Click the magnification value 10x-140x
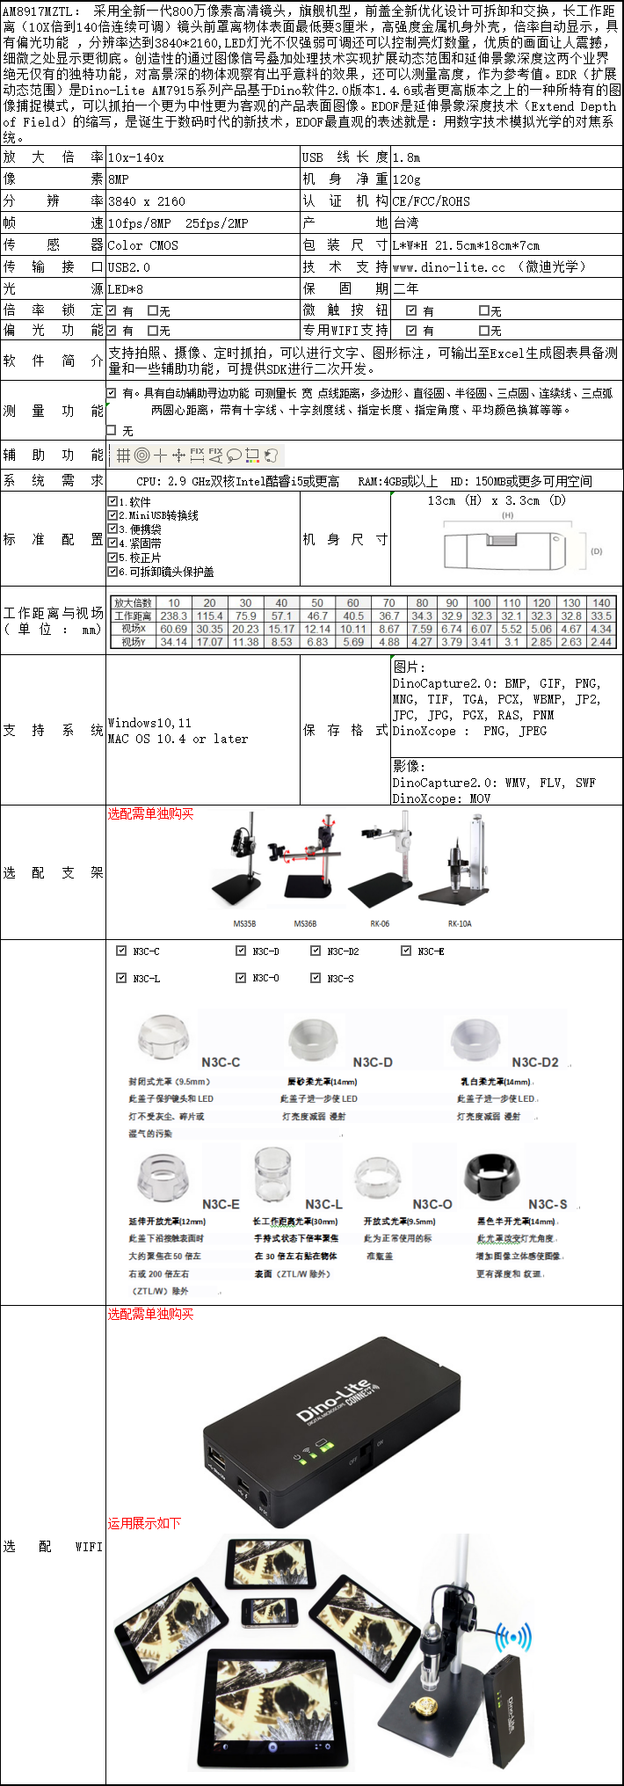pyautogui.click(x=135, y=157)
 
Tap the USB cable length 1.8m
pyautogui.click(x=406, y=157)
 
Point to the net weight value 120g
pyautogui.click(x=407, y=179)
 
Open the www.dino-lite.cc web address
pyautogui.click(x=449, y=267)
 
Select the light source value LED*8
pyautogui.click(x=126, y=288)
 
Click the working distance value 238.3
pyautogui.click(x=174, y=616)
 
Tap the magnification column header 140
pyautogui.click(x=601, y=603)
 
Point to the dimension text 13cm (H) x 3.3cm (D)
pyautogui.click(x=497, y=500)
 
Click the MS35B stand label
pyautogui.click(x=244, y=923)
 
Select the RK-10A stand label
pyautogui.click(x=460, y=923)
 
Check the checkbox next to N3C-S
pyautogui.click(x=316, y=978)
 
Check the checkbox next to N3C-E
pyautogui.click(x=406, y=951)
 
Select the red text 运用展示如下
pyautogui.click(x=144, y=1523)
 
